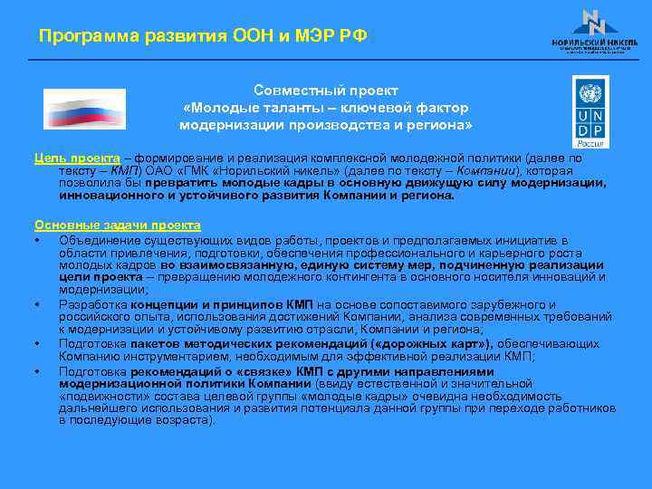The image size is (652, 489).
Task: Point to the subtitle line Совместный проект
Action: (x=325, y=91)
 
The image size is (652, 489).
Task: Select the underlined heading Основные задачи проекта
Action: (x=117, y=225)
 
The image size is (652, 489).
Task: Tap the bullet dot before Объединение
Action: (x=38, y=241)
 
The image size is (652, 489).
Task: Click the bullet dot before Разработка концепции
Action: (x=38, y=305)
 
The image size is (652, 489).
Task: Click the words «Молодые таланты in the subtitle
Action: (x=242, y=107)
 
